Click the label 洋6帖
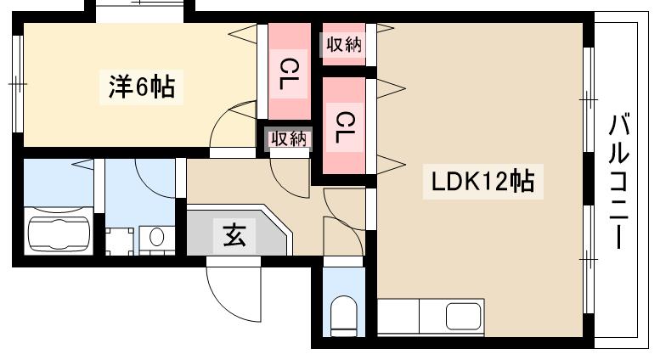point(142,87)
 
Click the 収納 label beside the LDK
point(343,45)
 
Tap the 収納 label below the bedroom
point(289,139)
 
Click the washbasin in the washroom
point(155,238)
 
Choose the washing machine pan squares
point(120,240)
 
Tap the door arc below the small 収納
point(287,174)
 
